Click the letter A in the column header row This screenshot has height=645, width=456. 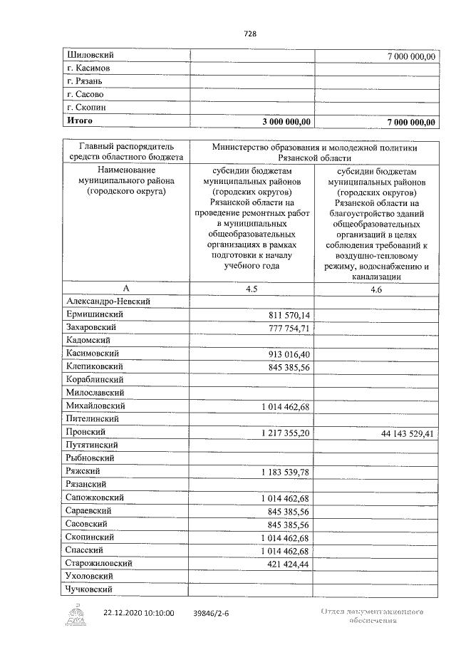point(125,289)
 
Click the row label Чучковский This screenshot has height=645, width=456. point(90,589)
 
